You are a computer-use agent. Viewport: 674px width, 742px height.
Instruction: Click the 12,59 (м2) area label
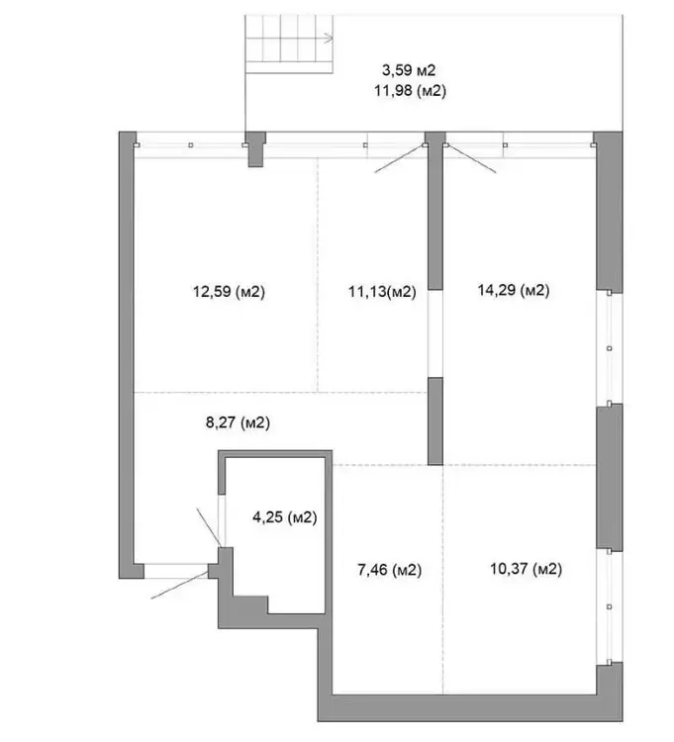click(x=229, y=292)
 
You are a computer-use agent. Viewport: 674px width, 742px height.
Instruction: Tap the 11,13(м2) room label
click(x=382, y=292)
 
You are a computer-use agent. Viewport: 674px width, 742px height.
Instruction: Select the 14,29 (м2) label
click(x=514, y=290)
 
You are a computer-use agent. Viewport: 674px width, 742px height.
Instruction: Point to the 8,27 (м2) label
click(x=239, y=422)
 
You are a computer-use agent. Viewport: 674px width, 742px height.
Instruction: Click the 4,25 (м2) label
click(x=285, y=517)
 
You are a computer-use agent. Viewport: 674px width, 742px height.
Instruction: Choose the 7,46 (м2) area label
click(x=390, y=570)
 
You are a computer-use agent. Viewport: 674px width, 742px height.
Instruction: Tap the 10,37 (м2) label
click(x=526, y=568)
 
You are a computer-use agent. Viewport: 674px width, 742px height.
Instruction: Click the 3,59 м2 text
click(x=409, y=70)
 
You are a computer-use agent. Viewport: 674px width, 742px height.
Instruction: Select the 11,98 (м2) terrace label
click(x=411, y=90)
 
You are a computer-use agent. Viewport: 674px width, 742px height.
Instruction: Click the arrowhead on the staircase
click(x=330, y=39)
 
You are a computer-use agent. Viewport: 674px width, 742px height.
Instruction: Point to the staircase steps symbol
click(x=289, y=44)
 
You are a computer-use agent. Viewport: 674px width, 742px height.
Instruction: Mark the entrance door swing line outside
click(x=180, y=586)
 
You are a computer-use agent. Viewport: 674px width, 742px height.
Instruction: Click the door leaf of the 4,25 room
click(x=208, y=527)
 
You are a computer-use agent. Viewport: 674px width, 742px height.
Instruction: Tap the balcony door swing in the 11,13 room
click(x=400, y=159)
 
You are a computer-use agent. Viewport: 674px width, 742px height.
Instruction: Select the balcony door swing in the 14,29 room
click(x=471, y=159)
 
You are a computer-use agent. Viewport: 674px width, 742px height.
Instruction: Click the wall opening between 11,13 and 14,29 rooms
click(x=435, y=333)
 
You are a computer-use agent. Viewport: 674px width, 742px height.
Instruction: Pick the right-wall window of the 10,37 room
click(x=609, y=606)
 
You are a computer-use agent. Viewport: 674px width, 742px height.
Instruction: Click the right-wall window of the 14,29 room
click(x=609, y=348)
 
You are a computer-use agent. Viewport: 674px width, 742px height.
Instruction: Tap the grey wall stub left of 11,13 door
click(x=255, y=149)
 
